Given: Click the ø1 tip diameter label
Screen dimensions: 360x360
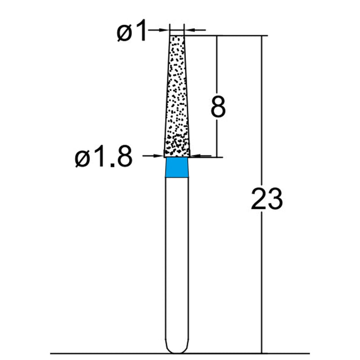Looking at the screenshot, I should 132,32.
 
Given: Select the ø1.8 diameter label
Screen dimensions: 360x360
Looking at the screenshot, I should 103,158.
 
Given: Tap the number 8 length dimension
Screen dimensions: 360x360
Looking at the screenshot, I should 218,107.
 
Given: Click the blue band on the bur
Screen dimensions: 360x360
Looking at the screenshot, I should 177,167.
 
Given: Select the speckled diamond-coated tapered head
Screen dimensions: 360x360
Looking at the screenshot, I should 177,99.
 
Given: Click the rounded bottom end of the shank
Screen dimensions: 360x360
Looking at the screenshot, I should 177,349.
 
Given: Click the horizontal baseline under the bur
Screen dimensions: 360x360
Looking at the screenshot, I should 112,353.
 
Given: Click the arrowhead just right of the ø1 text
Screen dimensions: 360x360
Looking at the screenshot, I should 166,30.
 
